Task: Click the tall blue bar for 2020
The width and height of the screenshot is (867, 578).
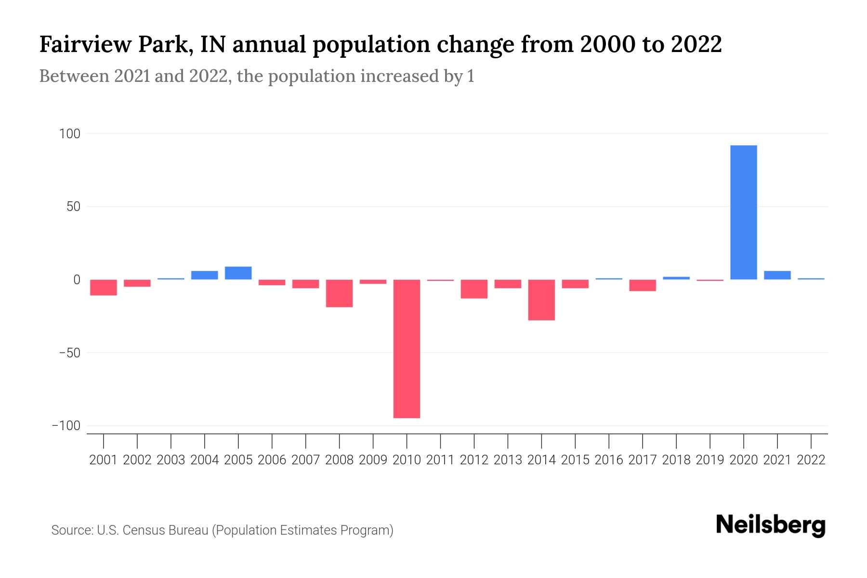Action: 743,212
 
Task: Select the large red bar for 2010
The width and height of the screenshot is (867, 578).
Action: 407,349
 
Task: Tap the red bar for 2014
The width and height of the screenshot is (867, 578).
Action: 541,300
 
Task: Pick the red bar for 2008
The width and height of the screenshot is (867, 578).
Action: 339,293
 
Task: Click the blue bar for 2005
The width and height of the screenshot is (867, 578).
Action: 238,273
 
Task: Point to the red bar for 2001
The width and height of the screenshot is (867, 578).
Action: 104,288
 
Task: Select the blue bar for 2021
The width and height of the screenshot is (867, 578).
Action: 777,276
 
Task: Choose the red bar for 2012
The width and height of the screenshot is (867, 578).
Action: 474,289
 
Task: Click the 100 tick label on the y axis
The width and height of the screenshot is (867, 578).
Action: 69,133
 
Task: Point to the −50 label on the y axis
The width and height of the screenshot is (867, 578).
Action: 69,353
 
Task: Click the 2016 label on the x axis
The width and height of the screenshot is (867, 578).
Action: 609,460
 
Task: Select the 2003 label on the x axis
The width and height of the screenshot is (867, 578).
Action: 171,460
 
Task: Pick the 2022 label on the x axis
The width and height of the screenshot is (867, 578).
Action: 811,460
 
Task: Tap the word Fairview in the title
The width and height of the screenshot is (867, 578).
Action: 85,45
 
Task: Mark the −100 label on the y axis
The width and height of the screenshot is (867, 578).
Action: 66,426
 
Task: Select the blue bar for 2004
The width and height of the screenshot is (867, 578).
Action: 204,275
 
